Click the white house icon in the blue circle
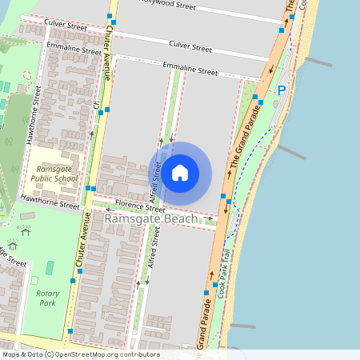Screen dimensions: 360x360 (180, 173)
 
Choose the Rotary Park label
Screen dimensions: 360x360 (48, 298)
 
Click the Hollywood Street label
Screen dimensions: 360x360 (168, 6)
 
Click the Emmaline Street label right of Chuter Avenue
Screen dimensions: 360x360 (190, 70)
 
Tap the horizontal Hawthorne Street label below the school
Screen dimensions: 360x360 (50, 202)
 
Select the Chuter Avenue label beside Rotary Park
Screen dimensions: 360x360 (82, 240)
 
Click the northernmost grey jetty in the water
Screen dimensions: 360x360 (318, 62)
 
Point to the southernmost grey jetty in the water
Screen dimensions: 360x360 (242, 326)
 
